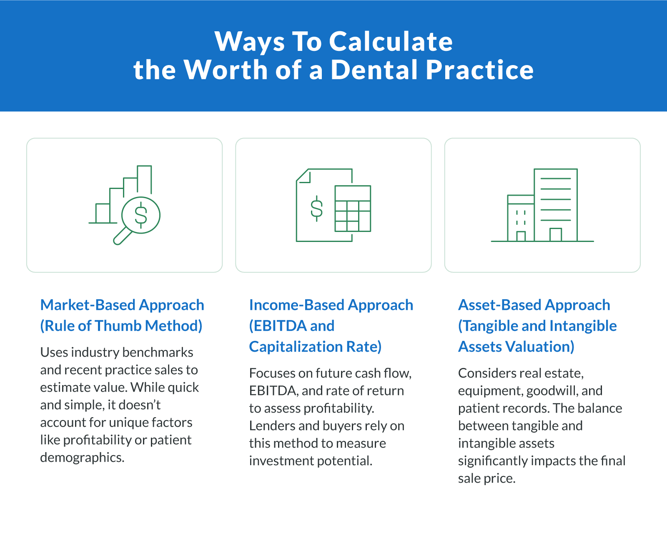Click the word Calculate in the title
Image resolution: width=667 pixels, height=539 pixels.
click(391, 42)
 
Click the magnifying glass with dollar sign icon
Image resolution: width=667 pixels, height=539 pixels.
click(140, 216)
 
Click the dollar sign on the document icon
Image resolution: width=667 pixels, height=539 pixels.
click(317, 208)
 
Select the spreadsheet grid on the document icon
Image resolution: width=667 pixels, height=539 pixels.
click(353, 209)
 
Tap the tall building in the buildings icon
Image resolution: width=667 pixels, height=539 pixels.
click(556, 204)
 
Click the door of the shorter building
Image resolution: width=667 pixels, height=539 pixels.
click(521, 236)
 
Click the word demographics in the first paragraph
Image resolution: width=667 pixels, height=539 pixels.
click(82, 458)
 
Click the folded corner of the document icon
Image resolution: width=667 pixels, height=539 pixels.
click(304, 176)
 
